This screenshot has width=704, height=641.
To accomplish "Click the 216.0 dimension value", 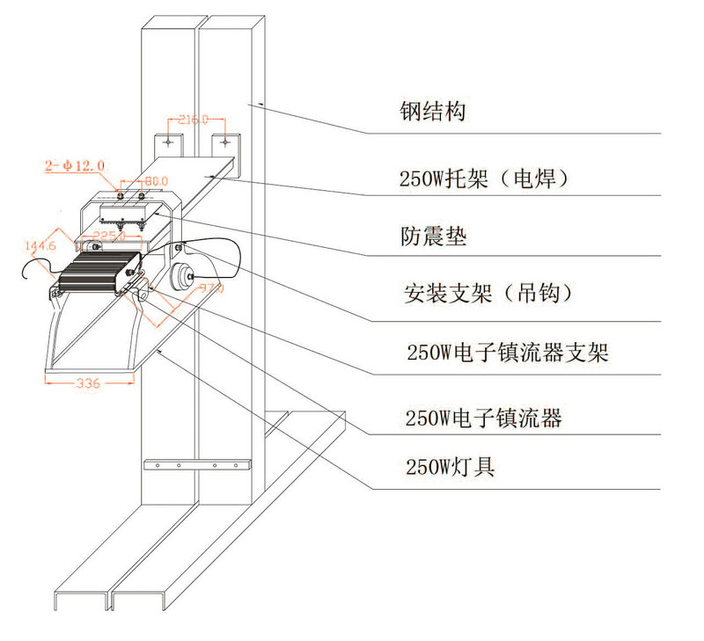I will [193, 120].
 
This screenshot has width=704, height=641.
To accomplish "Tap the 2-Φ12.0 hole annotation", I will [75, 164].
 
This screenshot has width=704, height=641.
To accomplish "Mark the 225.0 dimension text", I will [112, 237].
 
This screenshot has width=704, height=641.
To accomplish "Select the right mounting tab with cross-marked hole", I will [226, 142].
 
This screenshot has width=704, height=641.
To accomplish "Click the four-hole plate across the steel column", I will [196, 464].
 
